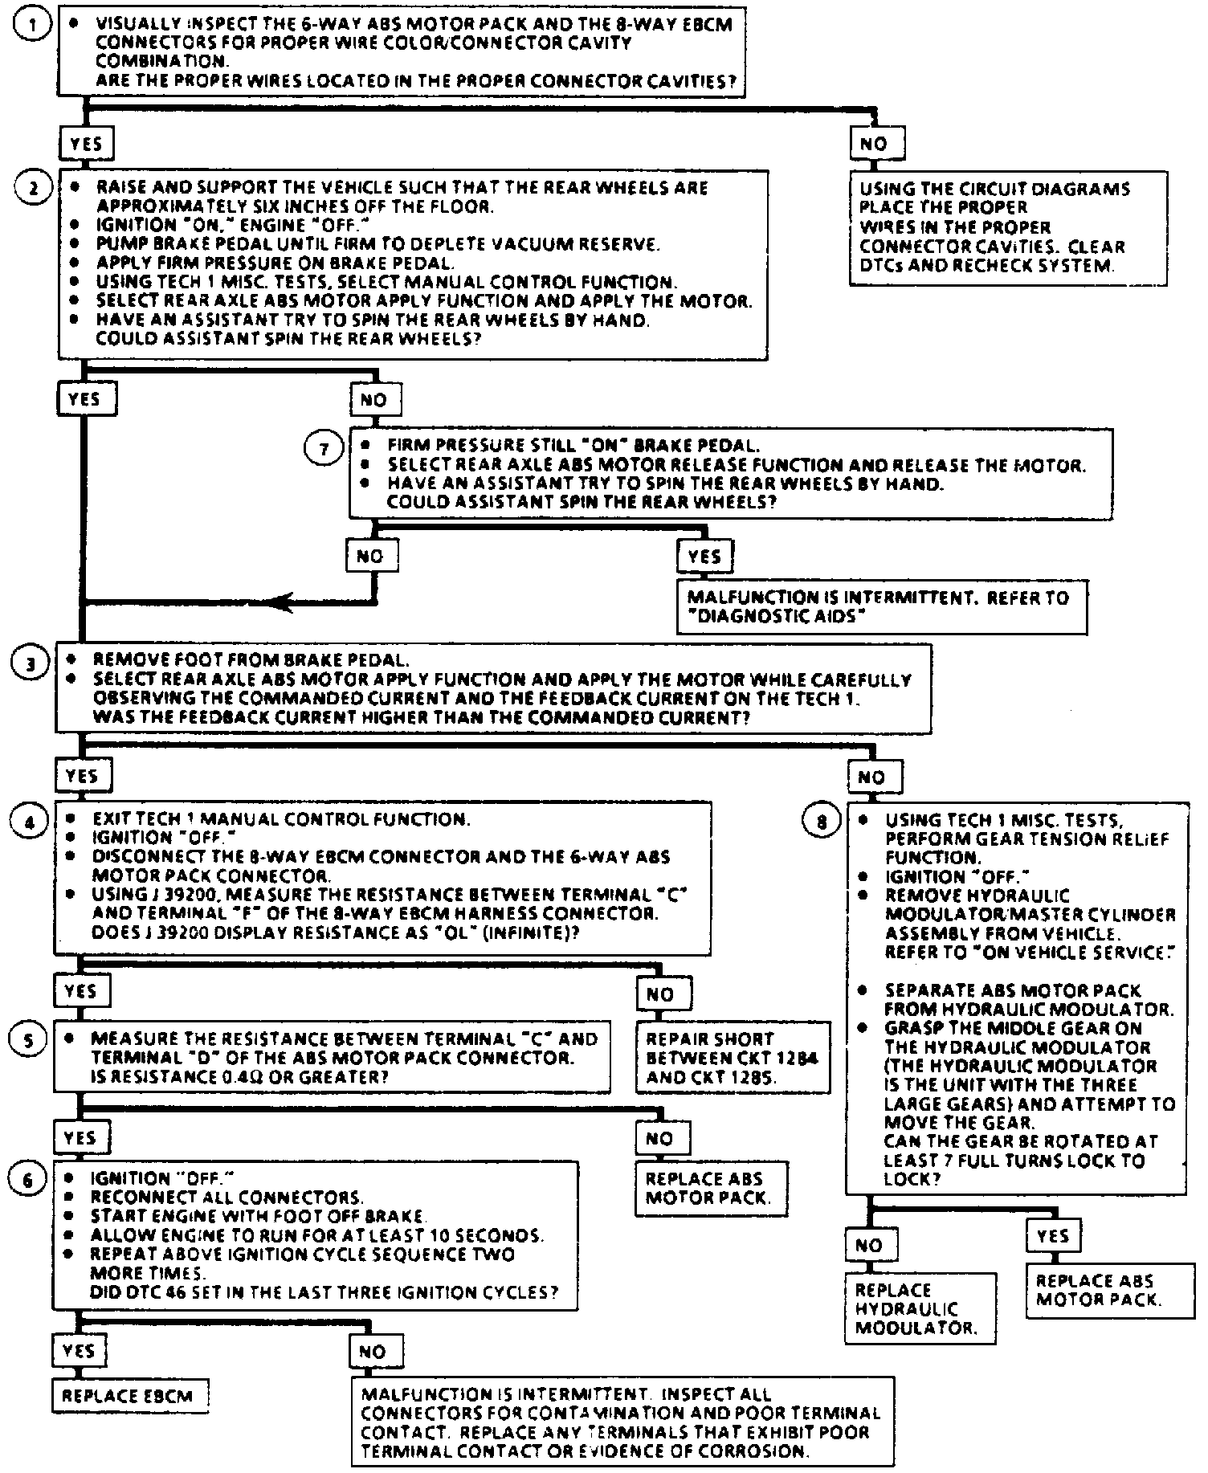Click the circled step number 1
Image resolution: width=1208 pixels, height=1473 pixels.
tap(33, 26)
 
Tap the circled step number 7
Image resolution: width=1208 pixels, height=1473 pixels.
tap(324, 449)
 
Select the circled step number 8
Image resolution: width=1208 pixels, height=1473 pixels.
tap(821, 822)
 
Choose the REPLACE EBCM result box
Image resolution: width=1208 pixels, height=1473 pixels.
tap(129, 1396)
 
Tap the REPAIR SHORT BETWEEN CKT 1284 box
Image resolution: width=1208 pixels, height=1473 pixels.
tap(732, 1058)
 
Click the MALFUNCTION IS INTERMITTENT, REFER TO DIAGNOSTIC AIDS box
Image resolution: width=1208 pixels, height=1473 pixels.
tap(881, 607)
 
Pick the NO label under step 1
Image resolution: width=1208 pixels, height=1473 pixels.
tap(875, 145)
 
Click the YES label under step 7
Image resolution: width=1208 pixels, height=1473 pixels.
tap(704, 557)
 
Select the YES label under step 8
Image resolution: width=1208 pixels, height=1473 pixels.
tap(1052, 1236)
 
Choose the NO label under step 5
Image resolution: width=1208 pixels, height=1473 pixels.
tap(659, 1138)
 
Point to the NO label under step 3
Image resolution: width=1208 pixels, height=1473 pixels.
tap(871, 777)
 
